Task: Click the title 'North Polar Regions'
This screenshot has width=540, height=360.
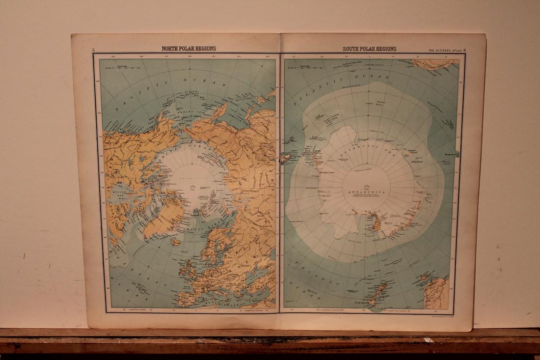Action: point(189,49)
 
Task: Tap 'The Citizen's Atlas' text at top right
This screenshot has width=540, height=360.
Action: point(444,50)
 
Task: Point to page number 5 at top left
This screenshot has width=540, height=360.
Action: point(93,50)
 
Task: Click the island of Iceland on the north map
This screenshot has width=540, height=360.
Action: point(175,242)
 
